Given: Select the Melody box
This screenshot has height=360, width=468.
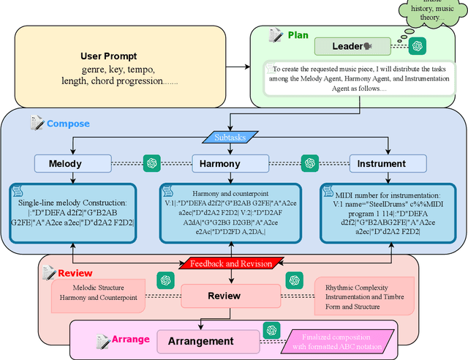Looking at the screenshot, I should pyautogui.click(x=65, y=163).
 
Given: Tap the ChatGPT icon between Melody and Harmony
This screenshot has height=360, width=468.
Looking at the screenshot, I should pyautogui.click(x=153, y=162).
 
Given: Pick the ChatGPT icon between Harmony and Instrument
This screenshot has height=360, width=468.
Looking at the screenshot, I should pyautogui.click(x=311, y=162).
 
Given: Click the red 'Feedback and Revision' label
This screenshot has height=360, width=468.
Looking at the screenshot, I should pyautogui.click(x=231, y=263).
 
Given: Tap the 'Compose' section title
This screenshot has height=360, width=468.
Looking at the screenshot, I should pyautogui.click(x=68, y=124).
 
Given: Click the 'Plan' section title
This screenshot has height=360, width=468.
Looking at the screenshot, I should pyautogui.click(x=298, y=34).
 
